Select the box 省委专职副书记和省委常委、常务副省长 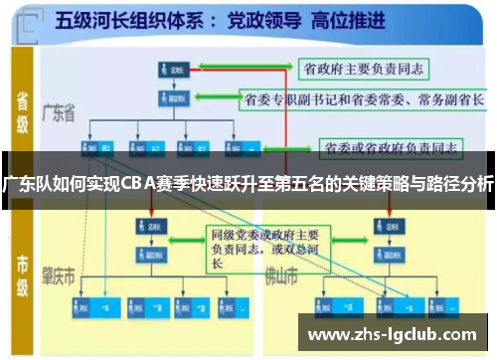pyautogui.click(x=364, y=99)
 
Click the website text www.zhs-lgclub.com pyautogui.click(x=394, y=334)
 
